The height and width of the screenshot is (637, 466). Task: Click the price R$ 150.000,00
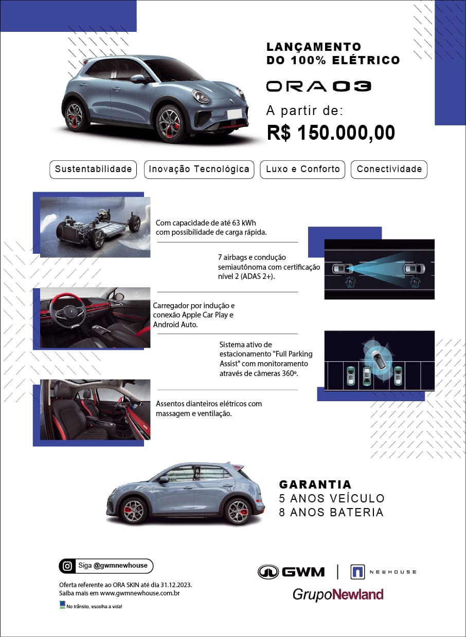coord(331,133)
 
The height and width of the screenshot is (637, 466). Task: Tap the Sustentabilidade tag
coord(93,169)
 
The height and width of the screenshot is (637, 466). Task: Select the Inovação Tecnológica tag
coord(199,169)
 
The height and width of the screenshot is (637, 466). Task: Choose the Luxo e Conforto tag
coord(302,169)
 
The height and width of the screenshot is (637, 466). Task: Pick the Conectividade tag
coord(389,169)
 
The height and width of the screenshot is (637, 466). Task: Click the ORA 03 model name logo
coord(318,86)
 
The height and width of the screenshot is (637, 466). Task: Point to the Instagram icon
coord(67,566)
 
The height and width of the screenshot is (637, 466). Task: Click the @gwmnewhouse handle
coord(120,566)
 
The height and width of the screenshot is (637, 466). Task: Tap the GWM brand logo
coord(291,572)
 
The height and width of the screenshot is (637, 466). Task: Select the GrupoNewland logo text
coord(338,594)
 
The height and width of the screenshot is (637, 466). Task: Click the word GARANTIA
coord(315,484)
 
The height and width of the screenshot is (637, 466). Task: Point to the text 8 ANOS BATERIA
coord(331,512)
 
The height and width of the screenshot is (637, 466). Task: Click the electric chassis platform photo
coord(96,226)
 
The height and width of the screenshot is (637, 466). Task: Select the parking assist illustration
coord(379,361)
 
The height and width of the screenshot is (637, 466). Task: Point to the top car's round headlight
coord(200,96)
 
